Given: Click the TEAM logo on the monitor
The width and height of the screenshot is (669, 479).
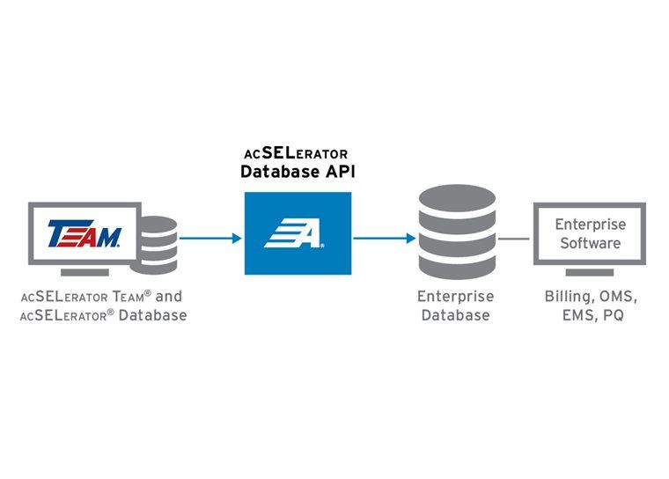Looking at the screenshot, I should [x=85, y=234].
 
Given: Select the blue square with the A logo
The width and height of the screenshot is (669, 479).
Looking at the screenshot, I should [x=298, y=233].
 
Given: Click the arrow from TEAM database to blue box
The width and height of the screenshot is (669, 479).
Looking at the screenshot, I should [x=210, y=238].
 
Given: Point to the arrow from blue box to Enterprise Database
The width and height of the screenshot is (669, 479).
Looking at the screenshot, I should [x=385, y=238].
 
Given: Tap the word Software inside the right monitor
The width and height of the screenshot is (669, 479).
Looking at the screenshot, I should [x=590, y=243].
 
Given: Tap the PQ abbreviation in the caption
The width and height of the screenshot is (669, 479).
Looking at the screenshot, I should [x=614, y=315].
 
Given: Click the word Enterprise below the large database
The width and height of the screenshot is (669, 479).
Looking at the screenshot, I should [x=455, y=297].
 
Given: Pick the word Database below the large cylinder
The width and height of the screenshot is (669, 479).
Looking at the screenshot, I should [x=455, y=315].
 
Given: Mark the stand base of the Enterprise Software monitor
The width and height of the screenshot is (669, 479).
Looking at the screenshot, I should [x=590, y=272].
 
